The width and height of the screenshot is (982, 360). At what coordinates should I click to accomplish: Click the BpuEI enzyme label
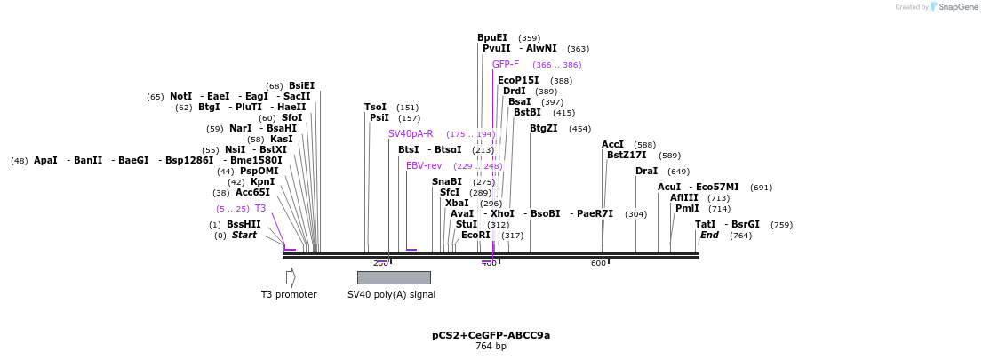pos(492,37)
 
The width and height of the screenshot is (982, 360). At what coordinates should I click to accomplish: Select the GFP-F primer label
pos(506,64)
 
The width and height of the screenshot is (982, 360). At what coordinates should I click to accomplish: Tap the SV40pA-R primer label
pos(411,133)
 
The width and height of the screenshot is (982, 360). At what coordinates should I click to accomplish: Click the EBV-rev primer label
pos(424,165)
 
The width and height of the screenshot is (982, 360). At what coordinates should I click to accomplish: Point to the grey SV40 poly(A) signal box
pos(394,277)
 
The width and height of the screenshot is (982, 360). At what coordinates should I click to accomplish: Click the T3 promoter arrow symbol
pos(291,277)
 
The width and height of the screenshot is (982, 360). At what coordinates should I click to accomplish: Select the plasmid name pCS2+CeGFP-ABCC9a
pos(491,335)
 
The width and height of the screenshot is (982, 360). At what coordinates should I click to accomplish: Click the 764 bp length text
pos(491,346)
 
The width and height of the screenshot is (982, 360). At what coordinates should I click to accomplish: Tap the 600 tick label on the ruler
pos(598,263)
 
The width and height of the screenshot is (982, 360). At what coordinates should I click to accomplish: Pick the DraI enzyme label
pos(646,171)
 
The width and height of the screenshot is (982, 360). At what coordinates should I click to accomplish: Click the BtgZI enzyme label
pos(544,128)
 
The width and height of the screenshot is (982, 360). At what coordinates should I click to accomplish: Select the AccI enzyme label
pos(612,144)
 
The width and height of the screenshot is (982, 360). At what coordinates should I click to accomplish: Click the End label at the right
pos(709,235)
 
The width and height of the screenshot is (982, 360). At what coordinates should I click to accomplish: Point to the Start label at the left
pos(244,235)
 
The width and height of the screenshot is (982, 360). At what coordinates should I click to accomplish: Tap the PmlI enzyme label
pos(687,208)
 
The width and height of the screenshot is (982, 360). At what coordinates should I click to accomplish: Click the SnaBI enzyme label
pos(447,181)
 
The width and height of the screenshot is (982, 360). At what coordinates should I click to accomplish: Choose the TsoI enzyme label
pos(375,107)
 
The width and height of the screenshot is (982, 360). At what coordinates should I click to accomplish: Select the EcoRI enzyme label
pos(475,235)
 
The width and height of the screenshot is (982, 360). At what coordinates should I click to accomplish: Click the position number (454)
pos(579,129)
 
